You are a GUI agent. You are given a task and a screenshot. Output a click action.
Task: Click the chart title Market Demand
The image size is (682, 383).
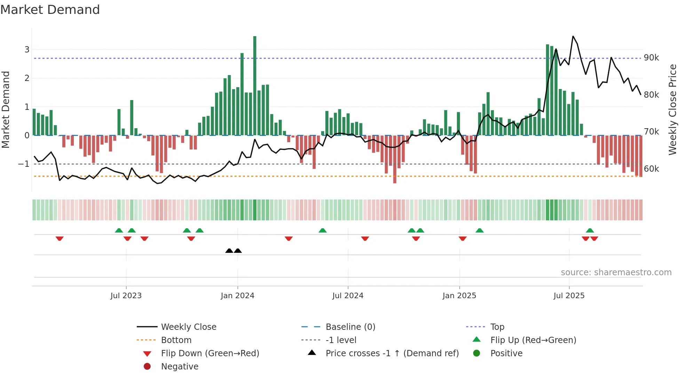click(50, 10)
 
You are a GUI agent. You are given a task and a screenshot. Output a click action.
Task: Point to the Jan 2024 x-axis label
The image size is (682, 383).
click(237, 296)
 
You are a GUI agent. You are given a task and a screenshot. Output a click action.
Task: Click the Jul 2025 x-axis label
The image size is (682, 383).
click(569, 296)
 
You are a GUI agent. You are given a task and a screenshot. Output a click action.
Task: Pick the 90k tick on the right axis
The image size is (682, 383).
click(651, 58)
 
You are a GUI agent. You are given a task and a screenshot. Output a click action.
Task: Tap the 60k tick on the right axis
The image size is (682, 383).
click(651, 169)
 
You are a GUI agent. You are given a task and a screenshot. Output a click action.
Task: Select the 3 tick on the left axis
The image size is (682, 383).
click(27, 49)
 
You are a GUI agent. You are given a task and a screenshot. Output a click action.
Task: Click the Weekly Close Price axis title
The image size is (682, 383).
click(673, 109)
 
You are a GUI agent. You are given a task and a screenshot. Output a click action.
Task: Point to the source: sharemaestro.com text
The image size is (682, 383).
click(616, 272)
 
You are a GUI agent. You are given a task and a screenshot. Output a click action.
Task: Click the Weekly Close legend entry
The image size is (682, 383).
click(188, 327)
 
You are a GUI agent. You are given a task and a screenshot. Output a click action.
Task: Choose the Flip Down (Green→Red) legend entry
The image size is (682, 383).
click(210, 353)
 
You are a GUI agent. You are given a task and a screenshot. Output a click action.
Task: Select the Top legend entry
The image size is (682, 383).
click(497, 327)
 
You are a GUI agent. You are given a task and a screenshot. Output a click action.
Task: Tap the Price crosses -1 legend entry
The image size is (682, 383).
click(392, 353)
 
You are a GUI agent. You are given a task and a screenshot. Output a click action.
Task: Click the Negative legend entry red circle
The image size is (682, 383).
click(147, 367)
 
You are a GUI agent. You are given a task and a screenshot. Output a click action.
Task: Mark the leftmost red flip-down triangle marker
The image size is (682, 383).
click(60, 238)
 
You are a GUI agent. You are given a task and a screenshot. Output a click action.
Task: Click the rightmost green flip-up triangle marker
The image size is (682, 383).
click(590, 230)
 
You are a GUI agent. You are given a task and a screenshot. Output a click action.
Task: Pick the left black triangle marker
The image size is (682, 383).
click(229, 251)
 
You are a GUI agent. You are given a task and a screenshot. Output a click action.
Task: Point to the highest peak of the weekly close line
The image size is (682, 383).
click(573, 36)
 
